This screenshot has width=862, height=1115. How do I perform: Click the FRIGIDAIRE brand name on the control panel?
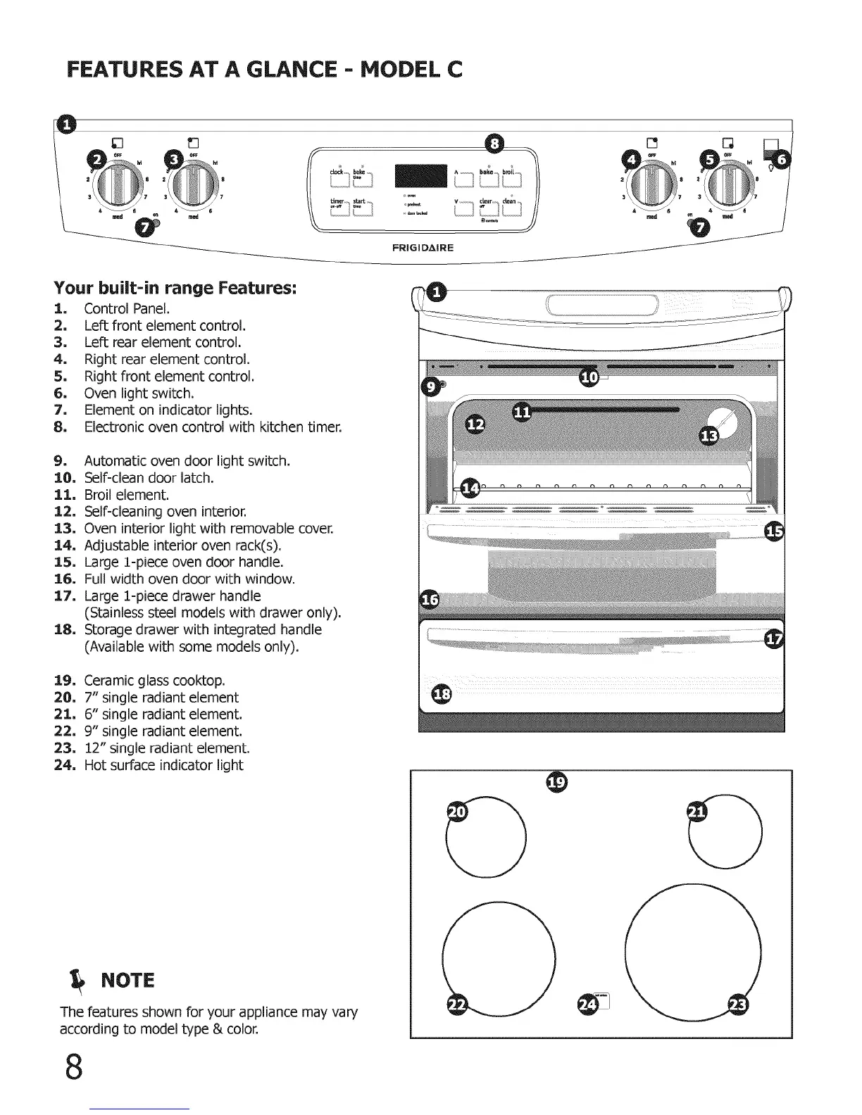[423, 248]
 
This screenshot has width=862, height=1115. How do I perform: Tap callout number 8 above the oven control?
[496, 143]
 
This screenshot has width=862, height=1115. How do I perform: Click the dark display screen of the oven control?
[421, 176]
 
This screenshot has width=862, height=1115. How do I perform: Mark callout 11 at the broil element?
[522, 412]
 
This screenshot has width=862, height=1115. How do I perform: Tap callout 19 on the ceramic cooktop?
[557, 782]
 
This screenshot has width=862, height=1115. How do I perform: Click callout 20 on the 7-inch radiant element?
[458, 812]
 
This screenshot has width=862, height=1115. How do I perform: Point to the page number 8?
[73, 1066]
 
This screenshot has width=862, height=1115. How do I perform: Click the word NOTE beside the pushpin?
[127, 981]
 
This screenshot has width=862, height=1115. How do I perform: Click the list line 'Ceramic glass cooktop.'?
[154, 681]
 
